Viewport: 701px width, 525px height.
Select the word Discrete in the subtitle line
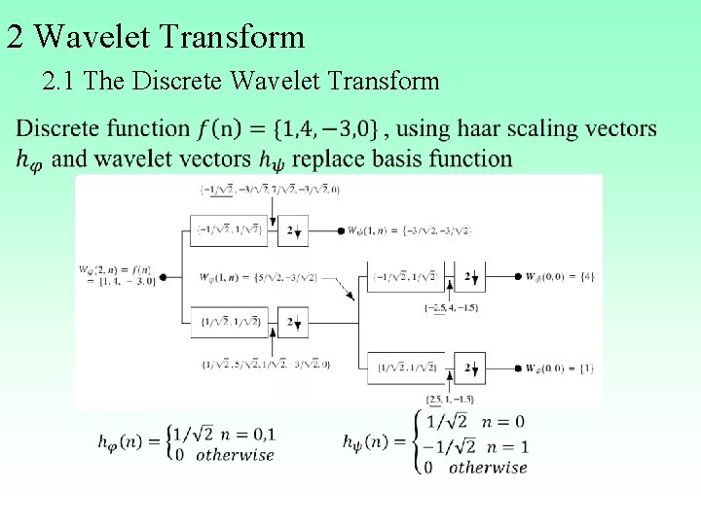176,81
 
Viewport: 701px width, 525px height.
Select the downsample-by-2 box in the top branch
292,230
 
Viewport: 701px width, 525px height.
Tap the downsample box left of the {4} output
471,277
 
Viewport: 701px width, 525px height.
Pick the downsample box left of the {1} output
471,367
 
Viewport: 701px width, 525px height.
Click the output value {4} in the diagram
586,277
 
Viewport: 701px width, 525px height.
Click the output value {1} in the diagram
586,368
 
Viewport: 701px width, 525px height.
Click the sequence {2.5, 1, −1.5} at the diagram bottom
450,399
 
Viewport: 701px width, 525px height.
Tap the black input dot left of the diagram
163,277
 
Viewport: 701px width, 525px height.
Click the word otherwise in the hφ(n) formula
235,455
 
